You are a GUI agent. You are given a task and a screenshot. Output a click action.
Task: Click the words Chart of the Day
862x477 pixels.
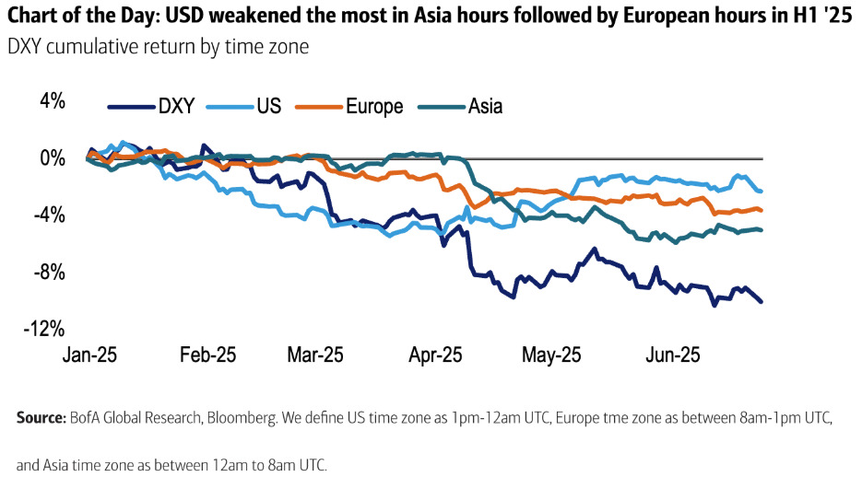(x=80, y=16)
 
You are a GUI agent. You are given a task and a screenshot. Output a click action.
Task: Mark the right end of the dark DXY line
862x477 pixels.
(x=762, y=302)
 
